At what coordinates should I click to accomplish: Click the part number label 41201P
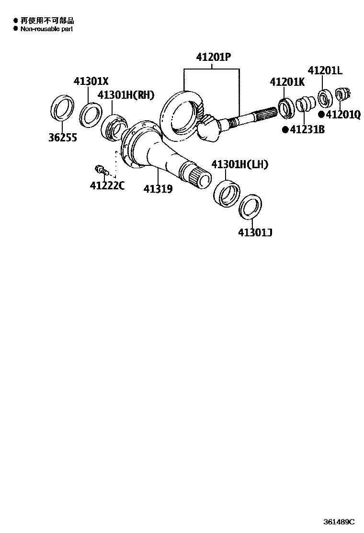[213, 58]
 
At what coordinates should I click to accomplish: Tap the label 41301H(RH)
[126, 94]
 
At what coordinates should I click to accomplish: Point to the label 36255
[63, 138]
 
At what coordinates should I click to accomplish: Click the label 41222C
[107, 185]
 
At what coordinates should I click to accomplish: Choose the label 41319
[158, 189]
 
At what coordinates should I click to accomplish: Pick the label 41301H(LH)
[239, 164]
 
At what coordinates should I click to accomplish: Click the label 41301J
[255, 233]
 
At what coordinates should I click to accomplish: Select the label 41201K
[287, 81]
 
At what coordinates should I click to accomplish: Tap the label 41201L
[325, 71]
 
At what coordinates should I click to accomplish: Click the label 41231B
[307, 129]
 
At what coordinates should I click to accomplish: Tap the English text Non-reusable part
[46, 29]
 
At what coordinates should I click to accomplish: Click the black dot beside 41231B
[285, 129]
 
